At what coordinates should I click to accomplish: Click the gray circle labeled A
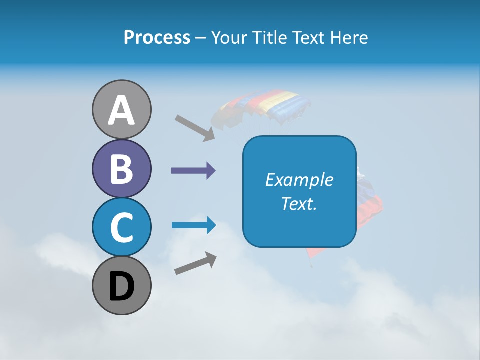click(x=121, y=109)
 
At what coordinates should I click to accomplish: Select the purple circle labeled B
click(x=121, y=169)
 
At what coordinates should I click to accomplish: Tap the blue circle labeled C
click(x=121, y=227)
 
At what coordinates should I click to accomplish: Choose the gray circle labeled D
click(x=121, y=286)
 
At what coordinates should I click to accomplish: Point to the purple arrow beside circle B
click(x=193, y=171)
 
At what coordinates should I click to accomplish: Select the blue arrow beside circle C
click(x=193, y=225)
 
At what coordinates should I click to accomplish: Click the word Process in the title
click(x=157, y=37)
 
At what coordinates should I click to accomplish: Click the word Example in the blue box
click(x=299, y=180)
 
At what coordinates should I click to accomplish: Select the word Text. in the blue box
click(x=299, y=203)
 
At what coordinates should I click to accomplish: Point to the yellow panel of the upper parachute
click(x=282, y=99)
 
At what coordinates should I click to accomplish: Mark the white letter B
click(x=121, y=169)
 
